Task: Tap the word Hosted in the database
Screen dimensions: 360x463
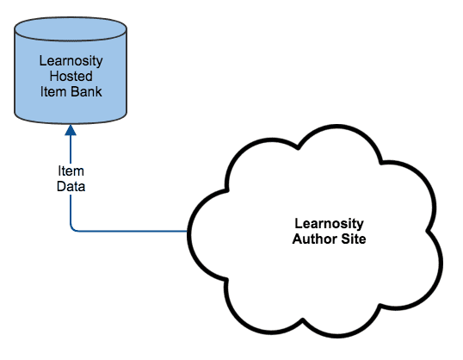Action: pos(71,75)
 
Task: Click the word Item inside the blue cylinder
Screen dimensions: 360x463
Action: pos(54,90)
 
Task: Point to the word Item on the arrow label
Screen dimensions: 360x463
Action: pos(71,171)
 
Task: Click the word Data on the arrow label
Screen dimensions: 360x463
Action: pos(71,184)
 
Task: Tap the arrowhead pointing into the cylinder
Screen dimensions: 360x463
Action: pos(71,130)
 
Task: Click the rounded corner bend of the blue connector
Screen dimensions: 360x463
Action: pos(75,228)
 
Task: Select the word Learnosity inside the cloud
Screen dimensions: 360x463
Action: pos(324,224)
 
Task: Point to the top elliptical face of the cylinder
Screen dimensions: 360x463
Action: pos(71,34)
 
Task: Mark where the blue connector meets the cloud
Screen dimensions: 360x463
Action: pos(188,232)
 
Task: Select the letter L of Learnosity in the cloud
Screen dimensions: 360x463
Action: pos(287,224)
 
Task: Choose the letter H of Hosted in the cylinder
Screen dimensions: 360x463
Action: pos(53,75)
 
